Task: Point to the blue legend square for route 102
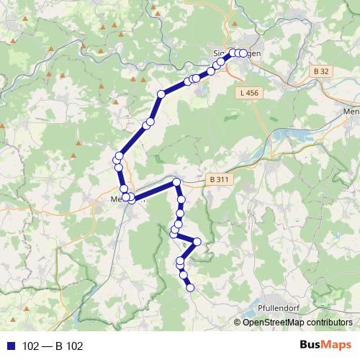(x=10, y=346)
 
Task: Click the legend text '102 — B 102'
(x=53, y=346)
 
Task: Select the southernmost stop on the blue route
(x=191, y=288)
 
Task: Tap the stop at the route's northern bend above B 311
(x=176, y=182)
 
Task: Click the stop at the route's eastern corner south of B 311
(x=197, y=241)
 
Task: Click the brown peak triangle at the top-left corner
(x=13, y=40)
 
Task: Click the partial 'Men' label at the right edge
(x=351, y=112)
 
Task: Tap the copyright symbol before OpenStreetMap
(x=238, y=323)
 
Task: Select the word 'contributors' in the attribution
(x=328, y=323)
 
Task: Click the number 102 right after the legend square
(x=30, y=346)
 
